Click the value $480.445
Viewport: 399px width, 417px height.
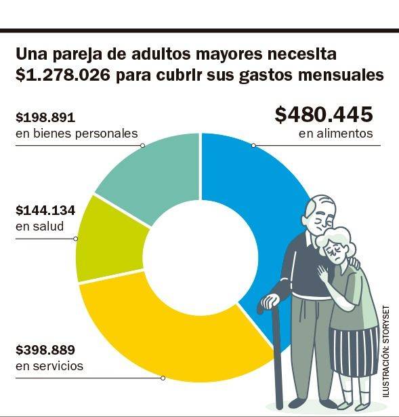click(x=324, y=115)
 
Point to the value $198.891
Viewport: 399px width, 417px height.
click(x=45, y=117)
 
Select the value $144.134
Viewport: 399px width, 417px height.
click(x=45, y=210)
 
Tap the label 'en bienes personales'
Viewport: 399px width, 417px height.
click(x=76, y=134)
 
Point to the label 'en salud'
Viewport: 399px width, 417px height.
click(x=39, y=226)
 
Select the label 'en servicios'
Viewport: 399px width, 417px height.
click(x=49, y=366)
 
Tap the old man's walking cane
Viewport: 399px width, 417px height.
click(x=276, y=359)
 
